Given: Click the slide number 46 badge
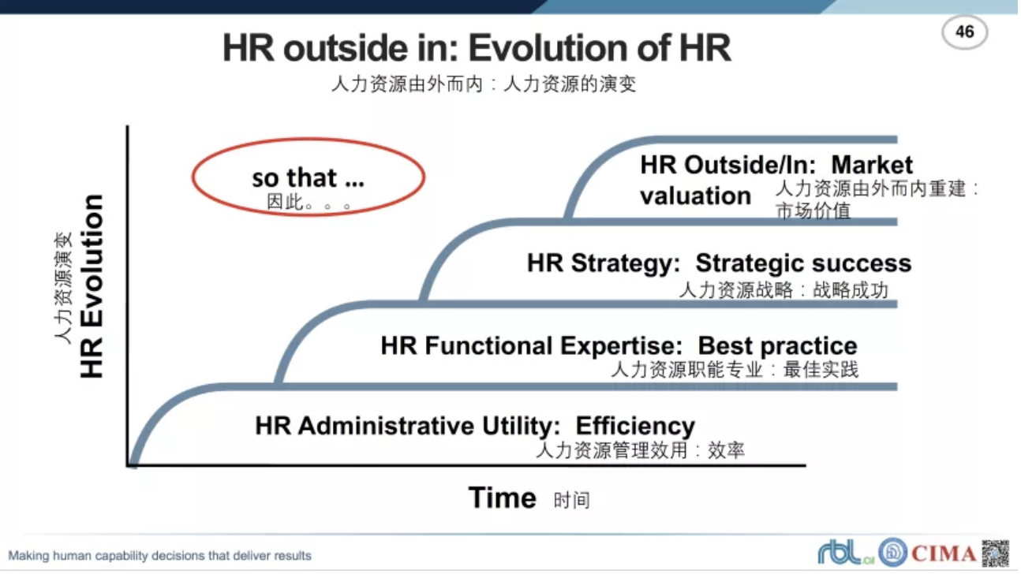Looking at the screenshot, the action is (964, 32).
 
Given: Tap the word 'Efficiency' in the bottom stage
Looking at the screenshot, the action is (635, 426).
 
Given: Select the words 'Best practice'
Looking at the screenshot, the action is (778, 345).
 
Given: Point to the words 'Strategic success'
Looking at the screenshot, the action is (803, 263).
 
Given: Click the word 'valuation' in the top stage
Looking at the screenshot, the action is (696, 196).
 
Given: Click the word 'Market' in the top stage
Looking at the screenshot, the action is (872, 165).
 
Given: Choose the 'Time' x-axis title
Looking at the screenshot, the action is (503, 498).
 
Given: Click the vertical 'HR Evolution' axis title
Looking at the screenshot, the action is (92, 286).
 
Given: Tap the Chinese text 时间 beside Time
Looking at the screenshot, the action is (571, 500).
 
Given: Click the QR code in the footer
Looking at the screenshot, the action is (996, 553).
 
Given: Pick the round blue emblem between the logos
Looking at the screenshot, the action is (893, 553).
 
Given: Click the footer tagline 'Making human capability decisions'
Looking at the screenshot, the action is (159, 556).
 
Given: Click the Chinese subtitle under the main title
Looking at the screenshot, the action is (484, 84).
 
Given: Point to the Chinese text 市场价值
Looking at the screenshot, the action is (813, 211).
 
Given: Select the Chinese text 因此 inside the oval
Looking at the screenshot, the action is (286, 201).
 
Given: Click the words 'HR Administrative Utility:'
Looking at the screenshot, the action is (407, 426).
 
